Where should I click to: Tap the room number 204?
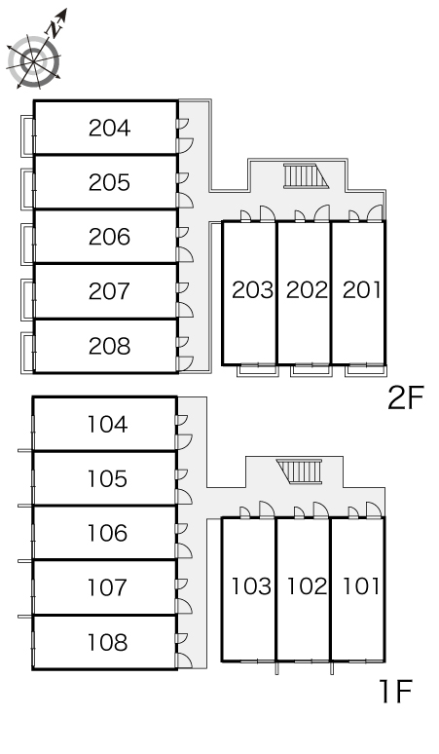pyautogui.click(x=110, y=128)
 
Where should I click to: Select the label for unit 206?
pyautogui.click(x=110, y=237)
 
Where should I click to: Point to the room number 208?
pyautogui.click(x=110, y=346)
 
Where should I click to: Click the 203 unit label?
pyautogui.click(x=253, y=290)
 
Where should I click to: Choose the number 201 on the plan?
pyautogui.click(x=361, y=290)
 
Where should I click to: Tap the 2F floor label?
pyautogui.click(x=406, y=397)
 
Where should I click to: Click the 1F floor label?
pyautogui.click(x=396, y=692)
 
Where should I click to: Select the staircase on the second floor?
pyautogui.click(x=306, y=175)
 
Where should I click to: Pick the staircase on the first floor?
pyautogui.click(x=299, y=471)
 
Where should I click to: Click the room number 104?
pyautogui.click(x=108, y=424)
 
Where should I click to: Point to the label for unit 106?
pyautogui.click(x=108, y=533)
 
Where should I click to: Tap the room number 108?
pyautogui.click(x=108, y=642)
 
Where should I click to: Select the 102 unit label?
pyautogui.click(x=307, y=586)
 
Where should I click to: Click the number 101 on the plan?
pyautogui.click(x=361, y=586)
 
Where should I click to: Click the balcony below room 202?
pyautogui.click(x=311, y=370)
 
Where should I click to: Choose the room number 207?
pyautogui.click(x=110, y=291)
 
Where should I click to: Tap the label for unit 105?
pyautogui.click(x=108, y=478)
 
